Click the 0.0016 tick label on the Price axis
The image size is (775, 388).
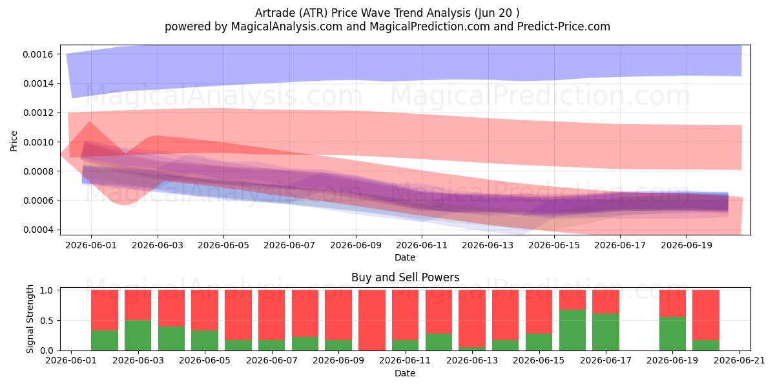coord(37,54)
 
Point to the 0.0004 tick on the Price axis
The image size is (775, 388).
coord(37,230)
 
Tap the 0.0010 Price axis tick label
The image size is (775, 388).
coord(37,142)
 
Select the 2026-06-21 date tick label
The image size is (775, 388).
coord(739,361)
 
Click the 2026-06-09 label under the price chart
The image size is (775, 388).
coord(356,245)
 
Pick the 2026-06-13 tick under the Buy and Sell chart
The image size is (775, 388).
coord(472,361)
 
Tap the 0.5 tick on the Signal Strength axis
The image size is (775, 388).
coord(46,321)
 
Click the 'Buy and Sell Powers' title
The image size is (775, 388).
coord(405,277)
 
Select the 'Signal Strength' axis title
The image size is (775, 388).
coord(30,319)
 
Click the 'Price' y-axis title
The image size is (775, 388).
coord(14,141)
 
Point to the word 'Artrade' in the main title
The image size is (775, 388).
coord(271,13)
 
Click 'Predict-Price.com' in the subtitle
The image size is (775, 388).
coord(564,27)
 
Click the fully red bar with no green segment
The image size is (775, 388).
coord(371,320)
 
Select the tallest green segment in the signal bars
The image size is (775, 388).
coord(572,330)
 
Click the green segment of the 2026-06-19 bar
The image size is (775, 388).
coord(672,334)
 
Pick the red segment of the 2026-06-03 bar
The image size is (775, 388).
coord(138,305)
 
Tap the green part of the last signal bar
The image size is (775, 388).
coord(706,345)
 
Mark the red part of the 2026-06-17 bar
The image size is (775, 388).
coord(606,302)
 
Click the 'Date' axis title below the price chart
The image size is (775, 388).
coord(405,257)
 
